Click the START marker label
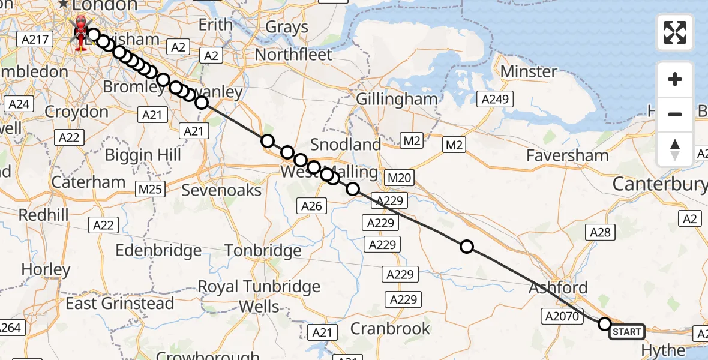click(627, 331)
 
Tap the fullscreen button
click(675, 32)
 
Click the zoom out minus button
click(675, 114)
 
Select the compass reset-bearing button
click(675, 149)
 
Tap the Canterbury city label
click(659, 184)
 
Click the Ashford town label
click(558, 287)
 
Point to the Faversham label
click(567, 155)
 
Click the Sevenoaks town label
click(222, 190)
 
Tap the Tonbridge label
click(263, 250)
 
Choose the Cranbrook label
click(391, 328)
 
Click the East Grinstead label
click(120, 304)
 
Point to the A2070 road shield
click(563, 316)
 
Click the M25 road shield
click(151, 190)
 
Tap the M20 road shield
click(399, 178)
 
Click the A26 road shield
click(311, 206)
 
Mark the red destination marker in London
click(79, 34)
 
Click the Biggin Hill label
click(143, 155)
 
